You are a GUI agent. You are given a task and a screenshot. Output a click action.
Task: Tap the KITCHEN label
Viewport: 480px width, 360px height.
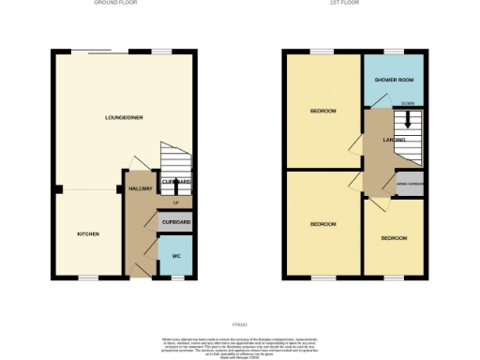coord(88,233)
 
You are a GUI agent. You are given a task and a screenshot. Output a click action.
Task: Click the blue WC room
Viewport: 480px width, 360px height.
coord(175,253)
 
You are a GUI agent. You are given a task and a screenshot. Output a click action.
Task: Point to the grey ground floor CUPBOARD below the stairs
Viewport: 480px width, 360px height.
coord(175,222)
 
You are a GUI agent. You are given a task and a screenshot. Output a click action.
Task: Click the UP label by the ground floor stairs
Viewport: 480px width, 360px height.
coord(175,202)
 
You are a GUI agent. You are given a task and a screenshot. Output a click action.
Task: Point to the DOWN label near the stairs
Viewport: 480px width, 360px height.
coord(407,103)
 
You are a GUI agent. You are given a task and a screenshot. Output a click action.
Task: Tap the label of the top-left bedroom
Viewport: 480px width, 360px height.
coord(323,112)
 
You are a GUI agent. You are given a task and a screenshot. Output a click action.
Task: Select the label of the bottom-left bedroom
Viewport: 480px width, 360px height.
coord(323,224)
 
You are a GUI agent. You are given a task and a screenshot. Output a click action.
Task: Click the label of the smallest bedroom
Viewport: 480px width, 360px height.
coord(394,238)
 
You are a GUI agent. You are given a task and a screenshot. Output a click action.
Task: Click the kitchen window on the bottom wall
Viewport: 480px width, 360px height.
coord(88,277)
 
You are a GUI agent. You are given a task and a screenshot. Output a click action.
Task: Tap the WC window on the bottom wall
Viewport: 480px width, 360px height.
coord(175,277)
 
